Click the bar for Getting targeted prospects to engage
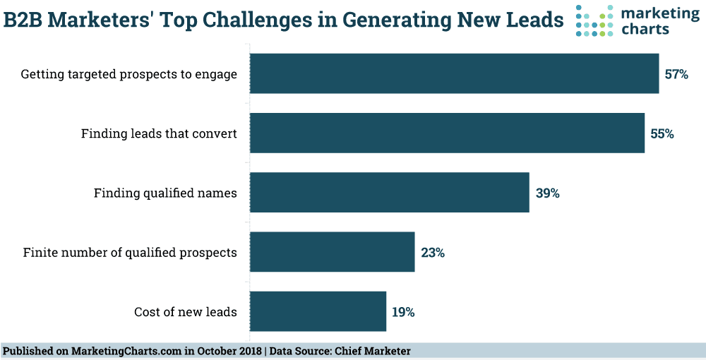click(454, 73)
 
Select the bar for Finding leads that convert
click(447, 133)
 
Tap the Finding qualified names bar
click(389, 192)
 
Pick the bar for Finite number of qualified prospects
click(332, 252)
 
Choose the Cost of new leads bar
click(318, 311)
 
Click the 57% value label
click(676, 73)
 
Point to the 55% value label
click(662, 133)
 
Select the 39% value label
click(547, 193)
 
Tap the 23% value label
click(432, 252)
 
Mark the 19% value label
click(403, 311)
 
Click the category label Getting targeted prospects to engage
click(128, 74)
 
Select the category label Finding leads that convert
click(159, 133)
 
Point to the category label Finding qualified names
click(165, 193)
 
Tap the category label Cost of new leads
click(185, 312)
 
